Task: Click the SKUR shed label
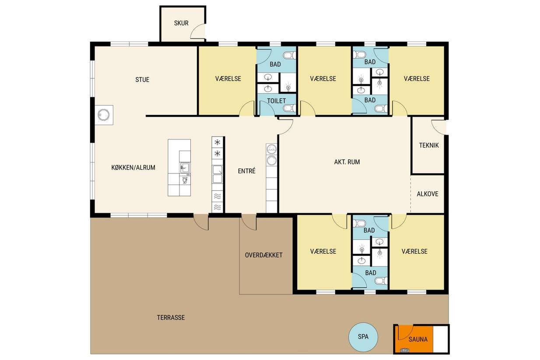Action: pyautogui.click(x=181, y=23)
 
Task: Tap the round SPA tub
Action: pyautogui.click(x=363, y=337)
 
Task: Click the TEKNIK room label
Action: pyautogui.click(x=429, y=145)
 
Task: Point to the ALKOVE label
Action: pyautogui.click(x=428, y=194)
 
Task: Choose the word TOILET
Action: pyautogui.click(x=276, y=101)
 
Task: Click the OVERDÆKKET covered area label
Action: pyautogui.click(x=263, y=255)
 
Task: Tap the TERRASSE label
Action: pyautogui.click(x=171, y=317)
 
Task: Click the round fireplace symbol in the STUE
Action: pyautogui.click(x=104, y=115)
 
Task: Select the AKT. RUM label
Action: pyautogui.click(x=347, y=162)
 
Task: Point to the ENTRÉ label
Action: pyautogui.click(x=246, y=171)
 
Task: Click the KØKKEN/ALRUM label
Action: pyautogui.click(x=133, y=168)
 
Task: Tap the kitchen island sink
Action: pyautogui.click(x=185, y=168)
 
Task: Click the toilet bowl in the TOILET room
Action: pyautogui.click(x=289, y=108)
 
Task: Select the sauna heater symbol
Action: pyautogui.click(x=405, y=350)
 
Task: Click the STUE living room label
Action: pyautogui.click(x=142, y=80)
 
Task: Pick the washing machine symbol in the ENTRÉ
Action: pyautogui.click(x=271, y=149)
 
